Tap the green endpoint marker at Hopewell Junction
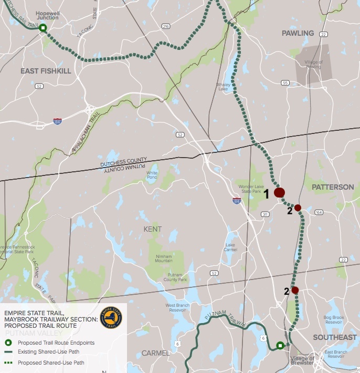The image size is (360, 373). (43, 28)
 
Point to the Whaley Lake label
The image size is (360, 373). (224, 87)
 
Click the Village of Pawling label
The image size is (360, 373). (314, 65)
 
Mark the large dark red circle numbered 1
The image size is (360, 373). (279, 193)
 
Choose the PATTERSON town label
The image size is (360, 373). (333, 187)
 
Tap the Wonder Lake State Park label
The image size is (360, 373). (250, 189)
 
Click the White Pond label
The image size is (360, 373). (152, 175)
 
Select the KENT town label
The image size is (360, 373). (153, 229)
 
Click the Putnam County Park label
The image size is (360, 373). (175, 277)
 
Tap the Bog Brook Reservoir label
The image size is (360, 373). (333, 320)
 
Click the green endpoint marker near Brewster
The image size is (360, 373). (280, 345)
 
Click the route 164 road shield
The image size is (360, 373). (319, 212)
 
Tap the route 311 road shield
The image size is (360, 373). (265, 214)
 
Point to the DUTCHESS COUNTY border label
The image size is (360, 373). (124, 163)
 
